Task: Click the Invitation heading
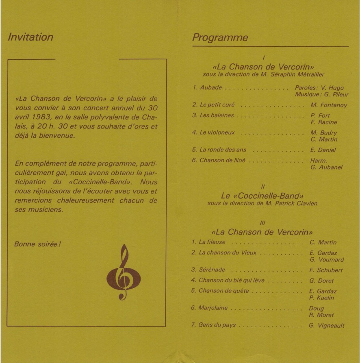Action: point(30,37)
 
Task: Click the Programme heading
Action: point(220,38)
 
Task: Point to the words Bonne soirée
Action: point(37,244)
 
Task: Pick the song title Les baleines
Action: point(217,115)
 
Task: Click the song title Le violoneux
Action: point(217,133)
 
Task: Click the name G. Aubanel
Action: point(326,167)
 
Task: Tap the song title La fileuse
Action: point(212,242)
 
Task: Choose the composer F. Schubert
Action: point(326,270)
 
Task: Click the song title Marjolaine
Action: point(213,308)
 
